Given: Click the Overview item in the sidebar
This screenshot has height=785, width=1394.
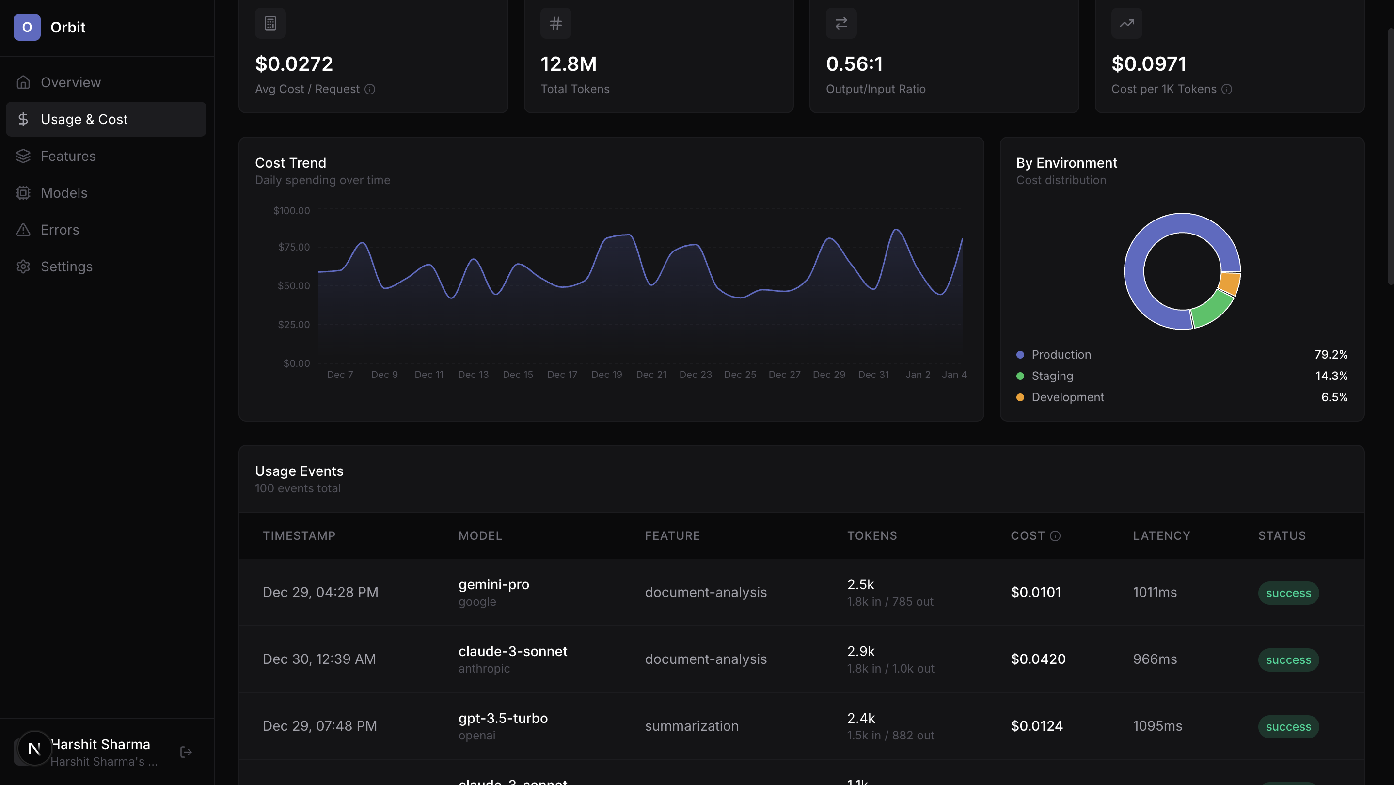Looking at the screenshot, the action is pyautogui.click(x=70, y=82).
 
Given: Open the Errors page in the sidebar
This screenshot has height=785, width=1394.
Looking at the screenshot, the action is pyautogui.click(x=60, y=229).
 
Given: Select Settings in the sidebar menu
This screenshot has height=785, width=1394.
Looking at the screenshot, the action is pyautogui.click(x=66, y=266).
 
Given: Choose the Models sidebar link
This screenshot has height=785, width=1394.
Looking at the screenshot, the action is pyautogui.click(x=64, y=192).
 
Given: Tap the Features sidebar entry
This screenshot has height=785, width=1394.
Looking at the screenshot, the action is pyautogui.click(x=68, y=156).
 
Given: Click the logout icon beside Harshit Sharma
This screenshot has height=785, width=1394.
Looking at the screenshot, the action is pyautogui.click(x=186, y=752).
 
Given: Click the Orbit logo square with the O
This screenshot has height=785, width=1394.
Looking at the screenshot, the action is pyautogui.click(x=27, y=27).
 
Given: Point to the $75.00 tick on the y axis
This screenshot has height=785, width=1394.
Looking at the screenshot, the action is pyautogui.click(x=294, y=247).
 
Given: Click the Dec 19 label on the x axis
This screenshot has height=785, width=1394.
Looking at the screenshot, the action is pyautogui.click(x=607, y=375).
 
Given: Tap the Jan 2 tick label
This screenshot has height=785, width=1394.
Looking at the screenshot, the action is pyautogui.click(x=918, y=375).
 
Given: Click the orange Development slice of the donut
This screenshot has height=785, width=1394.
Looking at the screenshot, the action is pyautogui.click(x=1230, y=283).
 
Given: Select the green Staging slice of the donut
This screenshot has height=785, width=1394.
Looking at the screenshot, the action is pyautogui.click(x=1212, y=310).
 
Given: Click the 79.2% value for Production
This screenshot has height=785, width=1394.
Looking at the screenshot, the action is pyautogui.click(x=1331, y=354).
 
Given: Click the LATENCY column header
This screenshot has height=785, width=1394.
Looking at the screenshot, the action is pyautogui.click(x=1161, y=535).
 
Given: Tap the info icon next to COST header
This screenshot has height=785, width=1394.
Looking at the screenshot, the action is pyautogui.click(x=1055, y=535).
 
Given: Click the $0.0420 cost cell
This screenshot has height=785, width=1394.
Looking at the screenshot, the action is pyautogui.click(x=1038, y=659).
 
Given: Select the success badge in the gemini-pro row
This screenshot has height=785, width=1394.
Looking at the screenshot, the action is pyautogui.click(x=1288, y=593).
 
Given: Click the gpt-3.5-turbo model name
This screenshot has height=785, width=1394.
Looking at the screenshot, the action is pyautogui.click(x=503, y=718).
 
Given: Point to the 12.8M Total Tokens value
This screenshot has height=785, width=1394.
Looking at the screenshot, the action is pyautogui.click(x=568, y=64).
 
